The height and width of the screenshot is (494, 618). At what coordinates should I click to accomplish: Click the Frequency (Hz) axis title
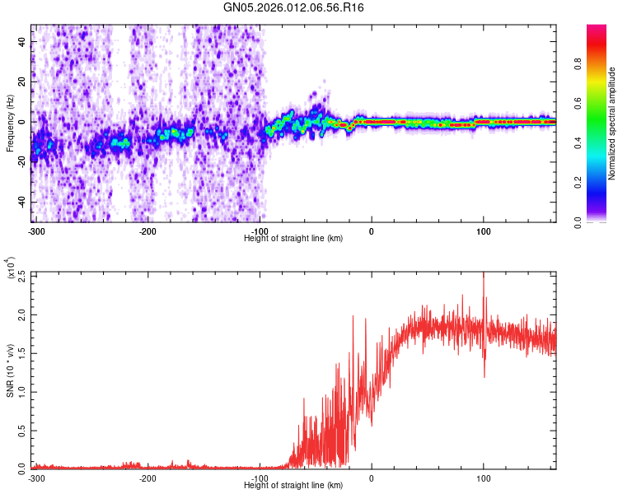(10, 123)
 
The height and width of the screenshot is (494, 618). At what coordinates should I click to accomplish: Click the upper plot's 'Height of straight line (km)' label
(293, 238)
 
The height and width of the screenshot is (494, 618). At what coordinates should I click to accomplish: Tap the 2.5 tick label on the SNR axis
(21, 275)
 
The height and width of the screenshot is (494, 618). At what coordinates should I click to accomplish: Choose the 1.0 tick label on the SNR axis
(21, 392)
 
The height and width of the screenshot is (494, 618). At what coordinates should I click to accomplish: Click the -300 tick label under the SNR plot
(36, 478)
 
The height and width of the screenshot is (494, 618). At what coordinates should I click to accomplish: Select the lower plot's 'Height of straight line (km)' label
(293, 486)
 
